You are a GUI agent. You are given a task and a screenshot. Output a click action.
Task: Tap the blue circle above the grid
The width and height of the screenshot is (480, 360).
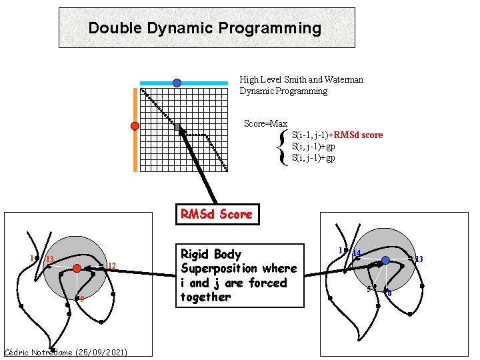coord(177,83)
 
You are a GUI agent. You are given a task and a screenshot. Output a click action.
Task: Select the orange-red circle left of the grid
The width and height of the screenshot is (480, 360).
coord(135,126)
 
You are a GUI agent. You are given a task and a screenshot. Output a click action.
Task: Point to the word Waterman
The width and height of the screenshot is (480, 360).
coord(346,79)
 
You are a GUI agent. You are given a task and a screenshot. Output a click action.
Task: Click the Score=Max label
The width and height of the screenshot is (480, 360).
coord(265,123)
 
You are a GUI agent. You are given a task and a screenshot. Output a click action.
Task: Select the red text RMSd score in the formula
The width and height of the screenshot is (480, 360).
coord(358,135)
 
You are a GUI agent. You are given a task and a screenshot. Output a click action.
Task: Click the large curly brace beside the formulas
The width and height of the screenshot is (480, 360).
coord(285,147)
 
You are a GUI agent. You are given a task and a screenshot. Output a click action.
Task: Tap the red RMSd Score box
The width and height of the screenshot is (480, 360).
coord(217,214)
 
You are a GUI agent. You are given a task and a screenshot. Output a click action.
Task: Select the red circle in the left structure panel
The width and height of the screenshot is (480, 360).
coord(77,268)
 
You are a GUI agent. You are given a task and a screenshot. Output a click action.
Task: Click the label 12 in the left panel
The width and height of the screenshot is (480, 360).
coord(112,267)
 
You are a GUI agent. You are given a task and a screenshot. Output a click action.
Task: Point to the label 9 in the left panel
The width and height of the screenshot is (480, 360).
coord(81,299)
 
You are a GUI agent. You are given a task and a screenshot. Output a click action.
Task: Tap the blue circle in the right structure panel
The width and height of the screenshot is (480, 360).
coord(385,260)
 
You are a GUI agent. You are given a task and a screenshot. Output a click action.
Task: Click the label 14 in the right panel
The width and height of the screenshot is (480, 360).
coord(357,253)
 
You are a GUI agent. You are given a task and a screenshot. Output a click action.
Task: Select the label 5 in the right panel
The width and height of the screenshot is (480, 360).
coord(369,289)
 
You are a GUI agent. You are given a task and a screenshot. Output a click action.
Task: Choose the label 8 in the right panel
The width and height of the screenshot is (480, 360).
coord(389,293)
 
